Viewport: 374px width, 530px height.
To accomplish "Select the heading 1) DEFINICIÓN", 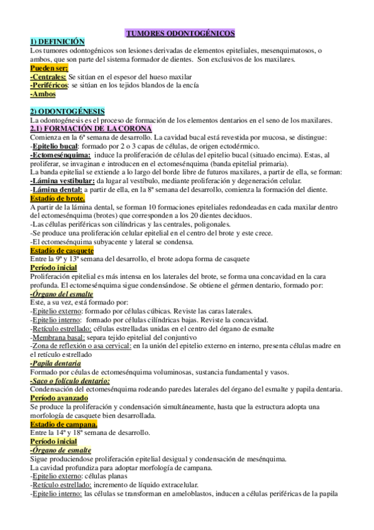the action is pyautogui.click(x=57, y=41).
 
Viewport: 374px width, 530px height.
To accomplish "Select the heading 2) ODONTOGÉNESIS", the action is pyautogui.click(x=67, y=111).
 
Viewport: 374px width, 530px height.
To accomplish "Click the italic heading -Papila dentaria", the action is pyautogui.click(x=55, y=363).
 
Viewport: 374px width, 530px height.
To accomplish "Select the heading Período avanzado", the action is pyautogui.click(x=59, y=397).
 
